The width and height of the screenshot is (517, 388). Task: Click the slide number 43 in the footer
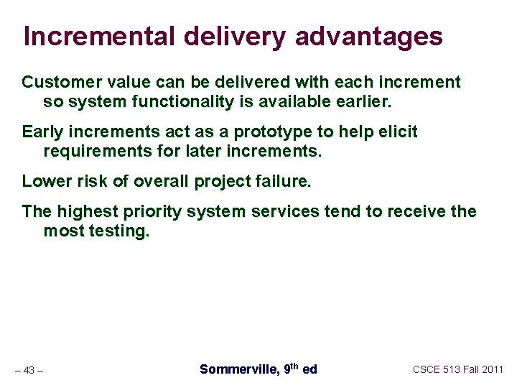tap(29, 370)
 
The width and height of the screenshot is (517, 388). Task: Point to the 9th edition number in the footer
tap(290, 369)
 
